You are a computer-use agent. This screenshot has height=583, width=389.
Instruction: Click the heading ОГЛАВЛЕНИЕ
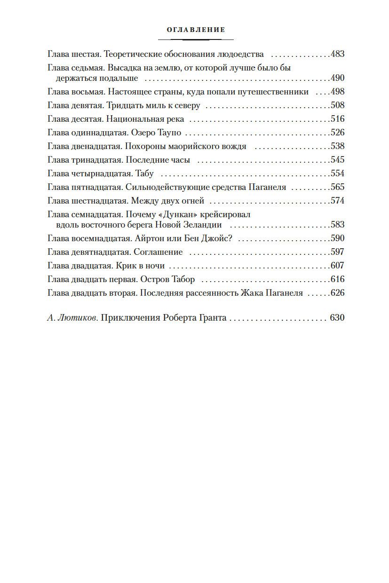click(x=196, y=30)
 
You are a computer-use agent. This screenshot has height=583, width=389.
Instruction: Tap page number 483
click(x=338, y=54)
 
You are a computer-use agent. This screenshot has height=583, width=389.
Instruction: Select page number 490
click(x=338, y=78)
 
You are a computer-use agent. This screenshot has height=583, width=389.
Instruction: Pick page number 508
click(x=338, y=105)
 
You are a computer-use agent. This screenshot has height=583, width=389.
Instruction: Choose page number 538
click(x=338, y=146)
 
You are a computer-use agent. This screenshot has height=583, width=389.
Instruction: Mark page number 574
click(x=338, y=201)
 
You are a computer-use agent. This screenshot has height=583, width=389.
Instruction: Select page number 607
click(x=338, y=265)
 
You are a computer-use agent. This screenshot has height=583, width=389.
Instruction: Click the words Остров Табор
click(x=167, y=279)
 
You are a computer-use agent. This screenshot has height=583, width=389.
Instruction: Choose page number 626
click(x=338, y=293)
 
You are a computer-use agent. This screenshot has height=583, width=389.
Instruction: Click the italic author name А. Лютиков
click(x=72, y=318)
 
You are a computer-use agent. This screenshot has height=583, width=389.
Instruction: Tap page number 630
click(x=337, y=318)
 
